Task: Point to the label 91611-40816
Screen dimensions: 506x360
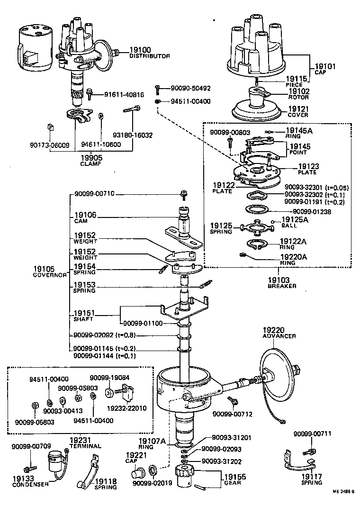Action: tap(124, 94)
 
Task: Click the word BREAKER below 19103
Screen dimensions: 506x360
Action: tap(282, 286)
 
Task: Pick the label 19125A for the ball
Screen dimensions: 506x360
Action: tap(295, 219)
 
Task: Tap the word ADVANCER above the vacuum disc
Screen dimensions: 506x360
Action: tap(279, 336)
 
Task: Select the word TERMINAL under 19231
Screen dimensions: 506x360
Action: tap(86, 446)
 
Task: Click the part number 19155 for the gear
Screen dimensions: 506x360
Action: tap(235, 478)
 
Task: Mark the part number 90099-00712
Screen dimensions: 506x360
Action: tap(232, 414)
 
